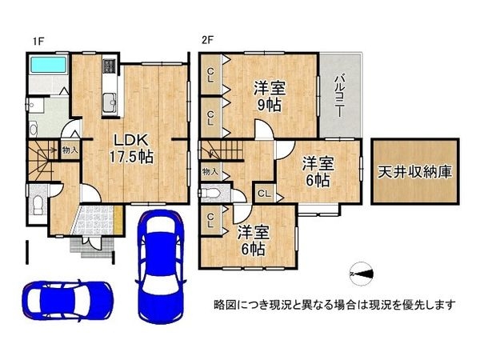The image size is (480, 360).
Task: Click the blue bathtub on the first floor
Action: coord(48,65)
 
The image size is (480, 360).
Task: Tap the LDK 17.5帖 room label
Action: coord(132,149)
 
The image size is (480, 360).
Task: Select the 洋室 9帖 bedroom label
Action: coord(270,97)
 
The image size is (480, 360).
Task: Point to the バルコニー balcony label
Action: coord(338,95)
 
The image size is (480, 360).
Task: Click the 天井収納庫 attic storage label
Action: coord(414,172)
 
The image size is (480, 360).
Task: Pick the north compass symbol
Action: coord(362,274)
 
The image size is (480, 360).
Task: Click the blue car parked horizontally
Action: coord(68,301)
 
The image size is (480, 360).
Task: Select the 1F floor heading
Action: coord(38,42)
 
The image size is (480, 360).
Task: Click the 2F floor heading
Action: coord(207,41)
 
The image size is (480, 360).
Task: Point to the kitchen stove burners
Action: coord(110,66)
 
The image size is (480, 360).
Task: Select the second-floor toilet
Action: coord(210,194)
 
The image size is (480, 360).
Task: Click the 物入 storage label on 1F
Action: coord(70,150)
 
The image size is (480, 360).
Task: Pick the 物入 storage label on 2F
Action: coord(210,172)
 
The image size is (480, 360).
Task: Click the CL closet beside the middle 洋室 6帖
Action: coord(264,194)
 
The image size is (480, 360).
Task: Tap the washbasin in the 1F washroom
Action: coord(32,105)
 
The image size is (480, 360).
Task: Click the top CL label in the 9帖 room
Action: coord(210,75)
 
